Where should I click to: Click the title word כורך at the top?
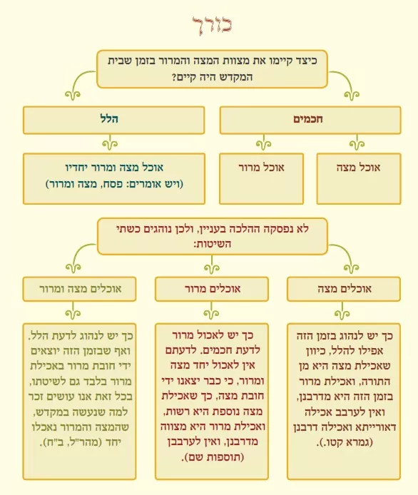pyautogui.click(x=212, y=25)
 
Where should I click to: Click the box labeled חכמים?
pyautogui.click(x=310, y=121)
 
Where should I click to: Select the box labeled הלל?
pyautogui.click(x=113, y=121)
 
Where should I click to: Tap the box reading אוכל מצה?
pyautogui.click(x=359, y=179)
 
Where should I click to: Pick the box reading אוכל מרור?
pyautogui.click(x=261, y=179)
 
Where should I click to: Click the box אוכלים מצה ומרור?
pyautogui.click(x=80, y=289)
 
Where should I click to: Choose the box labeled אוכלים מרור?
pyautogui.click(x=212, y=289)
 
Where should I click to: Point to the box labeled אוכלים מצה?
pyautogui.click(x=344, y=289)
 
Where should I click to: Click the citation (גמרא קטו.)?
pyautogui.click(x=345, y=442)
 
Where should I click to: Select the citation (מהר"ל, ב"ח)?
pyautogui.click(x=80, y=442)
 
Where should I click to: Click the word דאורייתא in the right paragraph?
pyautogui.click(x=374, y=427)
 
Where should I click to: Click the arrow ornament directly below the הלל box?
pyautogui.click(x=110, y=143)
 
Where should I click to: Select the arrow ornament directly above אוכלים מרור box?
pyautogui.click(x=212, y=266)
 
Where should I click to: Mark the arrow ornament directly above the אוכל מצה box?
pyautogui.click(x=357, y=143)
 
